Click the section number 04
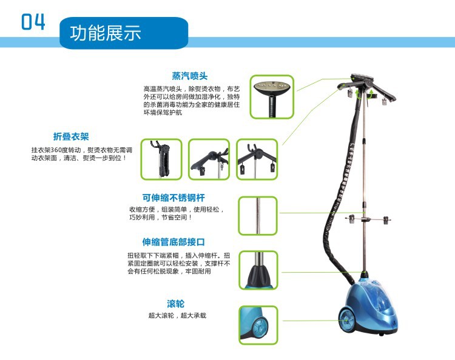(x=33, y=21)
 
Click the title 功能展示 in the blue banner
(x=106, y=33)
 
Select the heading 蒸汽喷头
(x=190, y=76)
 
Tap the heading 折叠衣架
(x=71, y=136)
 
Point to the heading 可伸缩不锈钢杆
(x=174, y=198)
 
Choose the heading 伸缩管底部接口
(x=174, y=242)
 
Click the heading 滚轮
(x=175, y=304)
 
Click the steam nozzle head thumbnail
(x=272, y=97)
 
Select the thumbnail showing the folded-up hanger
(x=161, y=159)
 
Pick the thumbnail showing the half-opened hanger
(x=209, y=159)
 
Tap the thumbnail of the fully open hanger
(x=257, y=159)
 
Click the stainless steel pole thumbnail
(x=258, y=216)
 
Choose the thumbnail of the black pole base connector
(x=258, y=270)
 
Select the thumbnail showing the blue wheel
(x=258, y=325)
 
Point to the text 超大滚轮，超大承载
(x=177, y=315)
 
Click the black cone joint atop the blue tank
(x=365, y=275)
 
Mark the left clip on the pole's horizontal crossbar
(x=352, y=219)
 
